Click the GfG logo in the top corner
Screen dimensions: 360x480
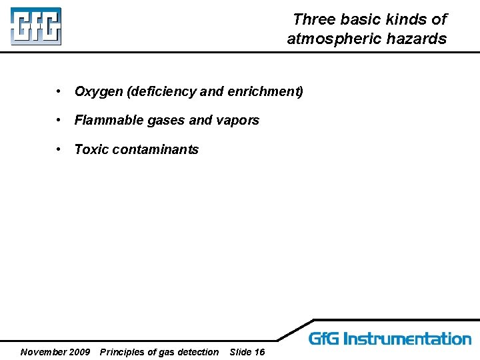pos(36,27)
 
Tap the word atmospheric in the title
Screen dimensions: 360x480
pos(333,39)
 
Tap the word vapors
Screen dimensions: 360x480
pos(237,121)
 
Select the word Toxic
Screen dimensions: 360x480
pos(91,149)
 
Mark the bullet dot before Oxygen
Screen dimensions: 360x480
pos(59,91)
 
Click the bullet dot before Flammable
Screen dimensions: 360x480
pos(59,120)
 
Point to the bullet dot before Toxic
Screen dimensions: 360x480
pos(59,149)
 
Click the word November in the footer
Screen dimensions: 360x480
pos(43,352)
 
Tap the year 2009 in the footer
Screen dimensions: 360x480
pos(80,352)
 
